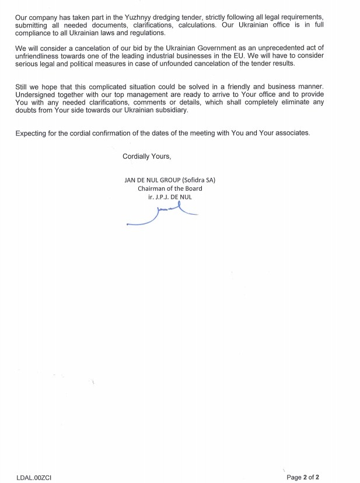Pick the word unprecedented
point(284,48)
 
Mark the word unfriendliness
point(41,56)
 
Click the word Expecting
point(32,133)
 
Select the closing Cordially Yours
point(146,156)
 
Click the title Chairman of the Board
point(170,188)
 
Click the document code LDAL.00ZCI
point(34,477)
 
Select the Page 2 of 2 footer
point(303,477)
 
